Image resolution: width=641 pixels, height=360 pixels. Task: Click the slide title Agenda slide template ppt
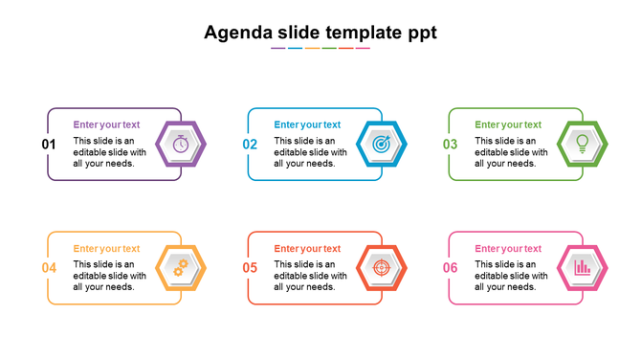click(320, 33)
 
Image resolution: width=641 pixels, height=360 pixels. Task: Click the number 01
click(49, 145)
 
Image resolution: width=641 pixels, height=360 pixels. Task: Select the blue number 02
click(250, 145)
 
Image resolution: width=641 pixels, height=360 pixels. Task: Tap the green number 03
click(451, 145)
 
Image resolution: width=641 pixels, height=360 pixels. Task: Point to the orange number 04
click(49, 268)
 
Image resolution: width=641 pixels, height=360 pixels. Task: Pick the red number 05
click(250, 268)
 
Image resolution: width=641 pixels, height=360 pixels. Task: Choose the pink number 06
click(451, 268)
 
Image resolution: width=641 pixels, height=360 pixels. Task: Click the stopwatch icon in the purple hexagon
click(181, 145)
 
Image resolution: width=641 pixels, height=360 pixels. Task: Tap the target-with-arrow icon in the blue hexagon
click(382, 145)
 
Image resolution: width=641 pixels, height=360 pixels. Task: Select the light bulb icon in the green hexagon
click(583, 144)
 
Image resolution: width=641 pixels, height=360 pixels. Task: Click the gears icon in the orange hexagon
click(181, 268)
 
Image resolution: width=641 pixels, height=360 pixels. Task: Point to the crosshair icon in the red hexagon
click(382, 268)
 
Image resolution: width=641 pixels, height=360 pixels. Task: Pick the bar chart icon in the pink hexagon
click(583, 268)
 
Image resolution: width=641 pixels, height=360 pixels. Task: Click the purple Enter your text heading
click(106, 124)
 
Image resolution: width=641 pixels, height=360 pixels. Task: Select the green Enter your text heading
click(508, 124)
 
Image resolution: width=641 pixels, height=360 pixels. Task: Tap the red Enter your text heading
click(307, 249)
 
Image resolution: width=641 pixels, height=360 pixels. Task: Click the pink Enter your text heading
click(508, 249)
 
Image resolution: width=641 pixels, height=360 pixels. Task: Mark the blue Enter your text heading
click(307, 124)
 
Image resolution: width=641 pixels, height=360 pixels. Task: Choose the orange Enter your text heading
click(106, 249)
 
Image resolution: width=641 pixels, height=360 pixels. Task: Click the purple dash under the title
click(277, 48)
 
